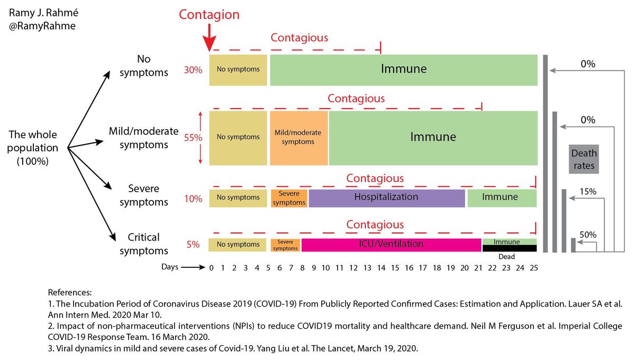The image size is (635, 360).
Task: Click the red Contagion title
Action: point(209,14)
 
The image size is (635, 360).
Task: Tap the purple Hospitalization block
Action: point(386,197)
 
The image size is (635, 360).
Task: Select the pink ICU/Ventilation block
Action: point(391,244)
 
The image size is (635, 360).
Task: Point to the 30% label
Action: point(193,69)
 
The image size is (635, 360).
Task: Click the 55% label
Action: point(193,138)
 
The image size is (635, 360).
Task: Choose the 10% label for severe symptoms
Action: point(193,199)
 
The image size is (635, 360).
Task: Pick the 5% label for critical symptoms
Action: point(193,245)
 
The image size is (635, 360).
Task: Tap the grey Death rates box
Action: point(584,159)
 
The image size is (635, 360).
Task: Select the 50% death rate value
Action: point(588,234)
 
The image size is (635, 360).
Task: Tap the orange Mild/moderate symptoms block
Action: point(299,137)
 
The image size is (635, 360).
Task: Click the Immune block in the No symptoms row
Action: point(404,69)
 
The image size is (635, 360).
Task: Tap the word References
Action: point(70,292)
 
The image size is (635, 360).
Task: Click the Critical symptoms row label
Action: point(144,244)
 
